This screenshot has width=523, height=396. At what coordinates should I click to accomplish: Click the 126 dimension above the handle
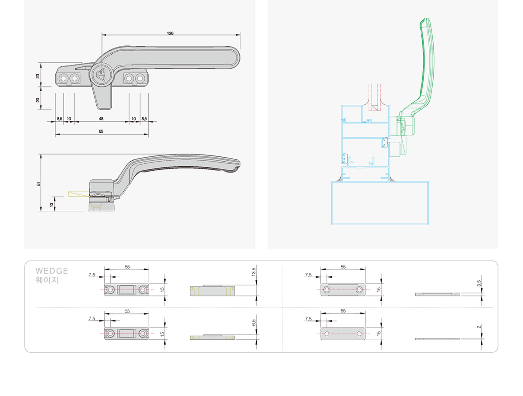(170, 33)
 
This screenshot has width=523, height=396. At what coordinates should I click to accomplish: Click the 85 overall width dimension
(101, 131)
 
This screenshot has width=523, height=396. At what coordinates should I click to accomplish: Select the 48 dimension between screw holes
(101, 119)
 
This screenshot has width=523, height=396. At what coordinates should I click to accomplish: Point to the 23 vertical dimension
(38, 76)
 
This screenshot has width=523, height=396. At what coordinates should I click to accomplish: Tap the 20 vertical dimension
(38, 100)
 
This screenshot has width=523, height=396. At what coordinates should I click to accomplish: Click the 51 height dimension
(38, 183)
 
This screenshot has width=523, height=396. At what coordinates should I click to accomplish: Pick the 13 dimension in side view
(52, 204)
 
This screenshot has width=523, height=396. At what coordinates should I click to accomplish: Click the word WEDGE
(52, 271)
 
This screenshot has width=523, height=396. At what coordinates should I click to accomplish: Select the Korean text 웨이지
(47, 280)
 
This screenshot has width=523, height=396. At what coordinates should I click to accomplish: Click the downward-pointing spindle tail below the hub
(102, 98)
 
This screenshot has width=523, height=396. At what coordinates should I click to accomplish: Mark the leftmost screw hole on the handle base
(64, 78)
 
